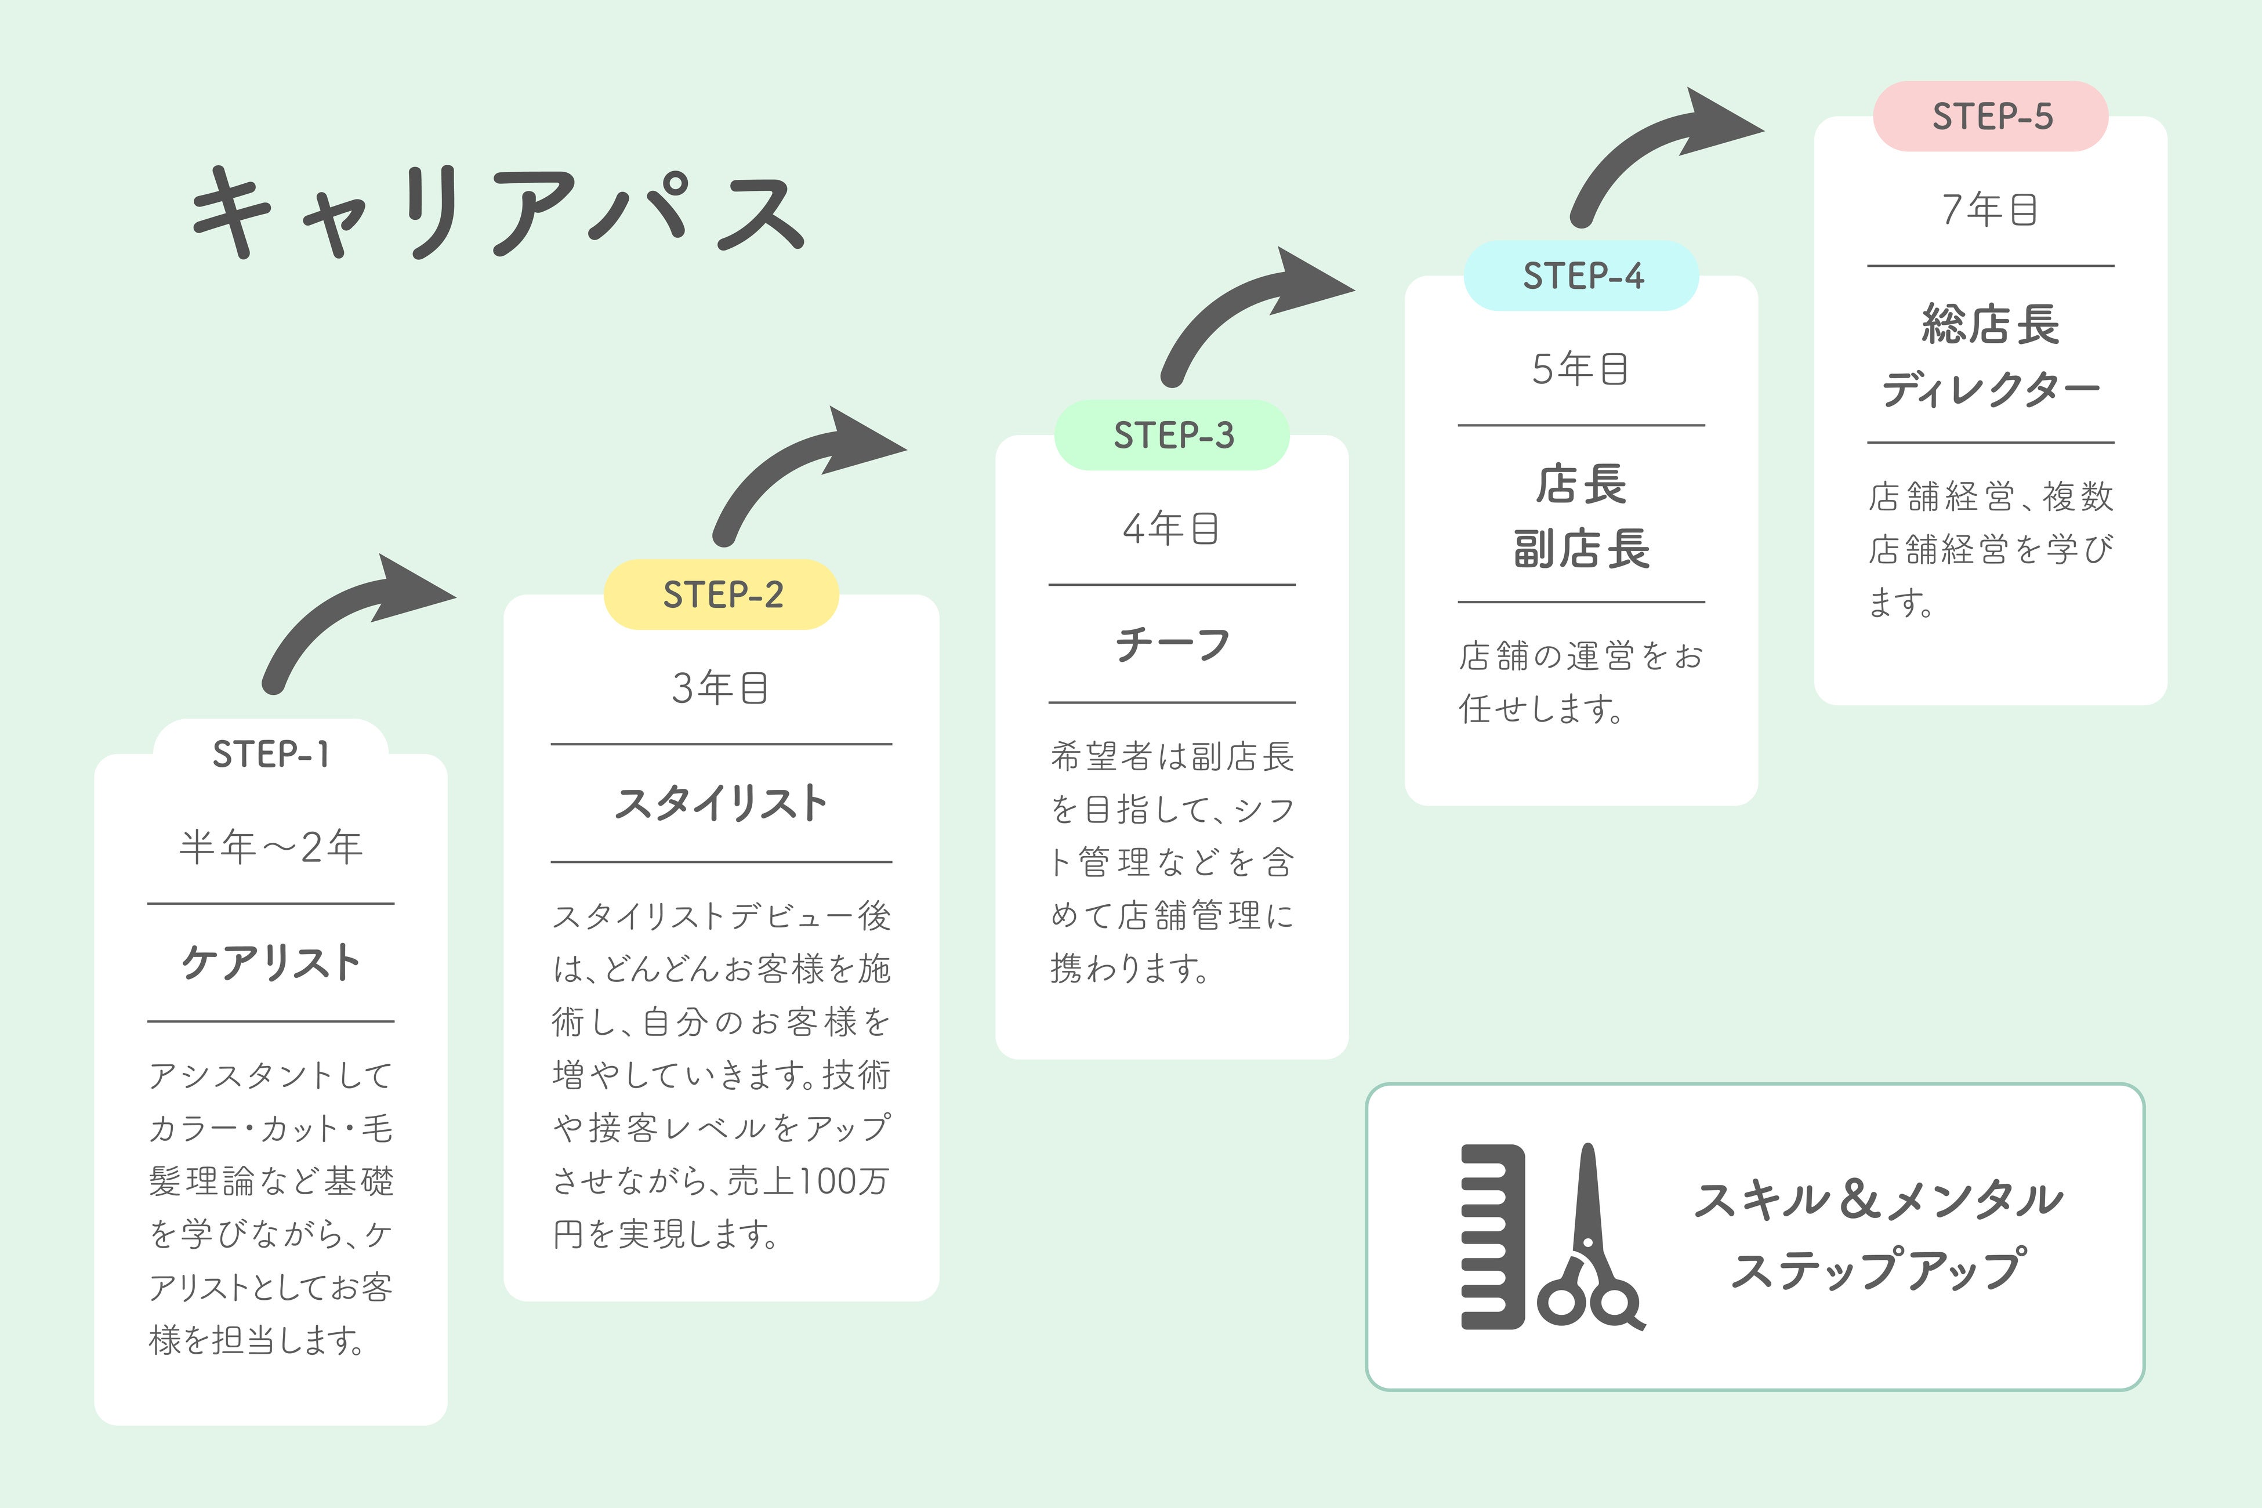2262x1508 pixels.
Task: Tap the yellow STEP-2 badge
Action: click(722, 594)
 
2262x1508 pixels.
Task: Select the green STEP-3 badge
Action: click(1172, 434)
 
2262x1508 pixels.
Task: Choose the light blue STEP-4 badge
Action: click(1582, 276)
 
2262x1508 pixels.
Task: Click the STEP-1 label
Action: click(271, 754)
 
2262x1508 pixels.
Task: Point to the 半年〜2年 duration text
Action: click(271, 846)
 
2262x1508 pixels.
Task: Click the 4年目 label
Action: click(1172, 528)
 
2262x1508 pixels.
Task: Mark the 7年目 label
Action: click(1991, 209)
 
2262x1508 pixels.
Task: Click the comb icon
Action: click(1492, 1237)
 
